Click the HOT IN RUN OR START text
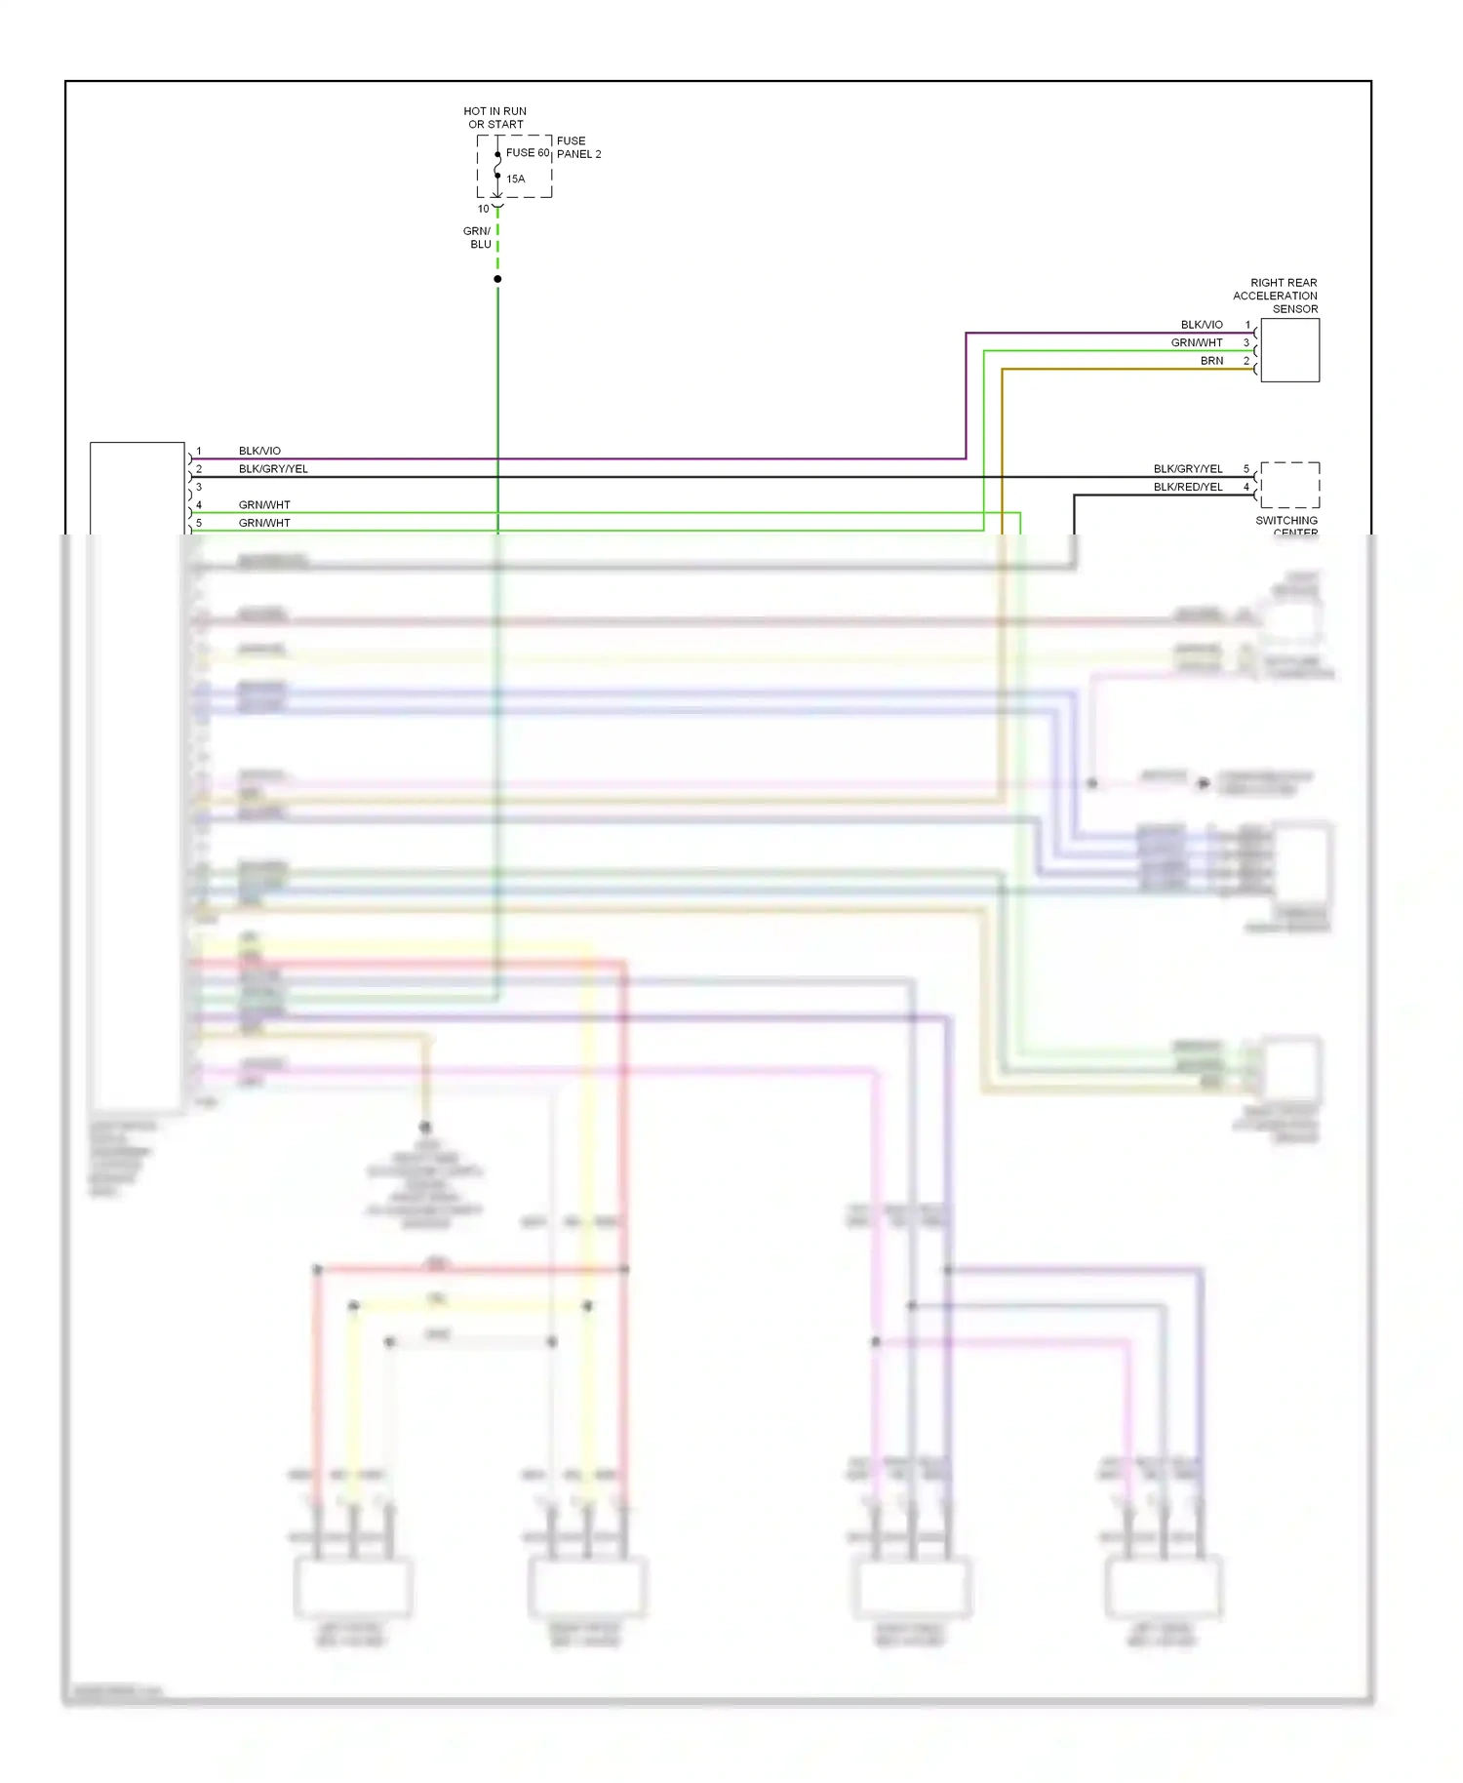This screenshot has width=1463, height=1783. tap(494, 118)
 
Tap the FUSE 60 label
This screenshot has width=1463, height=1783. tap(528, 153)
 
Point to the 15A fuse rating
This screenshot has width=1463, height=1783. tap(516, 179)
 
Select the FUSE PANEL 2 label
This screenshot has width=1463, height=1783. tap(578, 147)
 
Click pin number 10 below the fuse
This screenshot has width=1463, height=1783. tap(483, 209)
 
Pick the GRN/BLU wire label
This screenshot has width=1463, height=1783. tap(478, 238)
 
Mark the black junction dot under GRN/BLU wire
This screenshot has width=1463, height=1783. tap(497, 279)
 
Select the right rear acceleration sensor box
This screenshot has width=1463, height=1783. tap(1289, 350)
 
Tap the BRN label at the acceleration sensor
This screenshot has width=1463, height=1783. tap(1211, 361)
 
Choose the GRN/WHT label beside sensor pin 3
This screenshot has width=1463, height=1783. tap(1197, 343)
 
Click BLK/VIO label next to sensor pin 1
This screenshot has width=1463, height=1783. tap(1202, 325)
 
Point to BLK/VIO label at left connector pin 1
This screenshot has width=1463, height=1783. tap(259, 451)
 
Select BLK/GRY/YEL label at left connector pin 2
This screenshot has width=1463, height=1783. tap(273, 469)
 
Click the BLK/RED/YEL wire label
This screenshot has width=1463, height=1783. tap(1188, 487)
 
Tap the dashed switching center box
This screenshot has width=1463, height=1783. tap(1289, 485)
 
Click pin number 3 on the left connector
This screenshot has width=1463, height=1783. tap(199, 487)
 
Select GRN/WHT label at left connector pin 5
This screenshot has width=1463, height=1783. tap(264, 523)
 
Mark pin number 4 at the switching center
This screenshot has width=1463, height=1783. tap(1246, 487)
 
